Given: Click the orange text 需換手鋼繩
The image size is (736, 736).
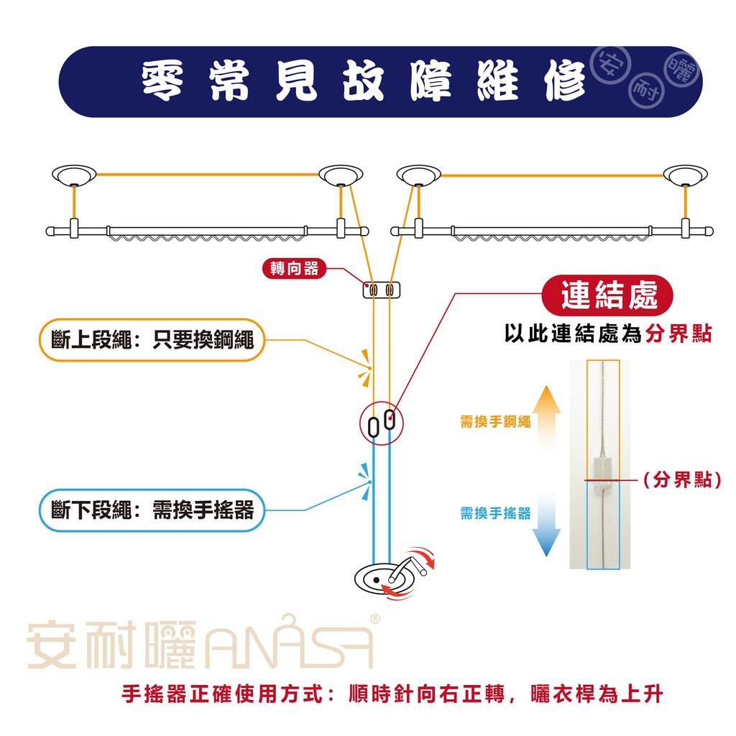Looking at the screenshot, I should [x=495, y=422].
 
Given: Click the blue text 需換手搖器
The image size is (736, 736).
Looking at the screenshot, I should [x=495, y=513].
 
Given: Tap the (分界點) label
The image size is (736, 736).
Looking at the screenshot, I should [x=681, y=480].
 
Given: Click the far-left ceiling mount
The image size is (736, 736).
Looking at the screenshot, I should [x=74, y=174].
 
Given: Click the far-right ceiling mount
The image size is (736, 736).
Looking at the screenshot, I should [x=686, y=174].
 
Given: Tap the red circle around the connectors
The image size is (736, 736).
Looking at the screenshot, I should [x=381, y=423].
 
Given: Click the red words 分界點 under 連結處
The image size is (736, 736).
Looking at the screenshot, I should [x=678, y=334].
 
